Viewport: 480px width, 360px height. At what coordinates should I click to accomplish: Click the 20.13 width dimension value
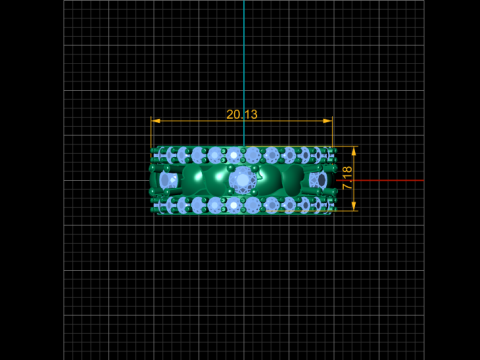[x=242, y=114]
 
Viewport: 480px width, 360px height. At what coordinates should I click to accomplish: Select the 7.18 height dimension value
[x=347, y=178]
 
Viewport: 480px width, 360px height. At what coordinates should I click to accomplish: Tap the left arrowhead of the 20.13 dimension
[x=155, y=121]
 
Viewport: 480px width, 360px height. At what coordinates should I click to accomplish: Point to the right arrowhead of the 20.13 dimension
[x=328, y=121]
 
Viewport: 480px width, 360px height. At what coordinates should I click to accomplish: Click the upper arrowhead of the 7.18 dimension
[x=354, y=151]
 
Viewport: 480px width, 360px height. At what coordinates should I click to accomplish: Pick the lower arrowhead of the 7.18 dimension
[x=354, y=206]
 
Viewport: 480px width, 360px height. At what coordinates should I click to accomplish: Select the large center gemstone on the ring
[x=243, y=180]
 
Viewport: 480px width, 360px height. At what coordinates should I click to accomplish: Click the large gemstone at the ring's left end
[x=168, y=180]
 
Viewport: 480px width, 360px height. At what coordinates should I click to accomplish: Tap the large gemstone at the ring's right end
[x=318, y=180]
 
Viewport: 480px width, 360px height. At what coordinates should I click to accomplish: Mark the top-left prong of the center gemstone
[x=230, y=168]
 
